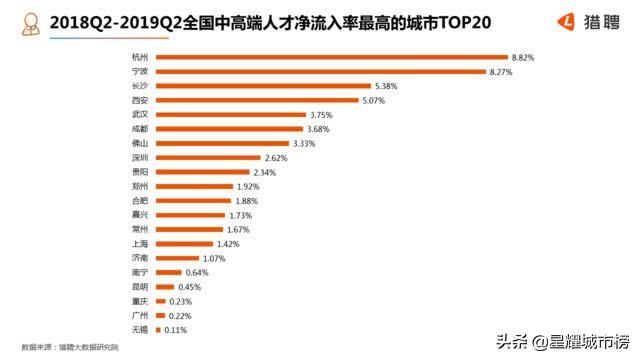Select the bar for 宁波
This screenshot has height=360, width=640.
[319, 72]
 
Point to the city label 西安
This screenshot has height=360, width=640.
[140, 101]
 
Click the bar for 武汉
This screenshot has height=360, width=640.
[229, 115]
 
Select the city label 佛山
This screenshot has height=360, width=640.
[140, 144]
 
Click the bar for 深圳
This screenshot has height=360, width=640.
[207, 158]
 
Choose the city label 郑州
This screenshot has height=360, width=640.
[140, 186]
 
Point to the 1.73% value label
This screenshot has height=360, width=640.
[241, 215]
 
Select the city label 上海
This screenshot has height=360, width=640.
[140, 243]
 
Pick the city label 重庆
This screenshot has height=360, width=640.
[140, 301]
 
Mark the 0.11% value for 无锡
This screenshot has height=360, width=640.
[176, 329]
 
